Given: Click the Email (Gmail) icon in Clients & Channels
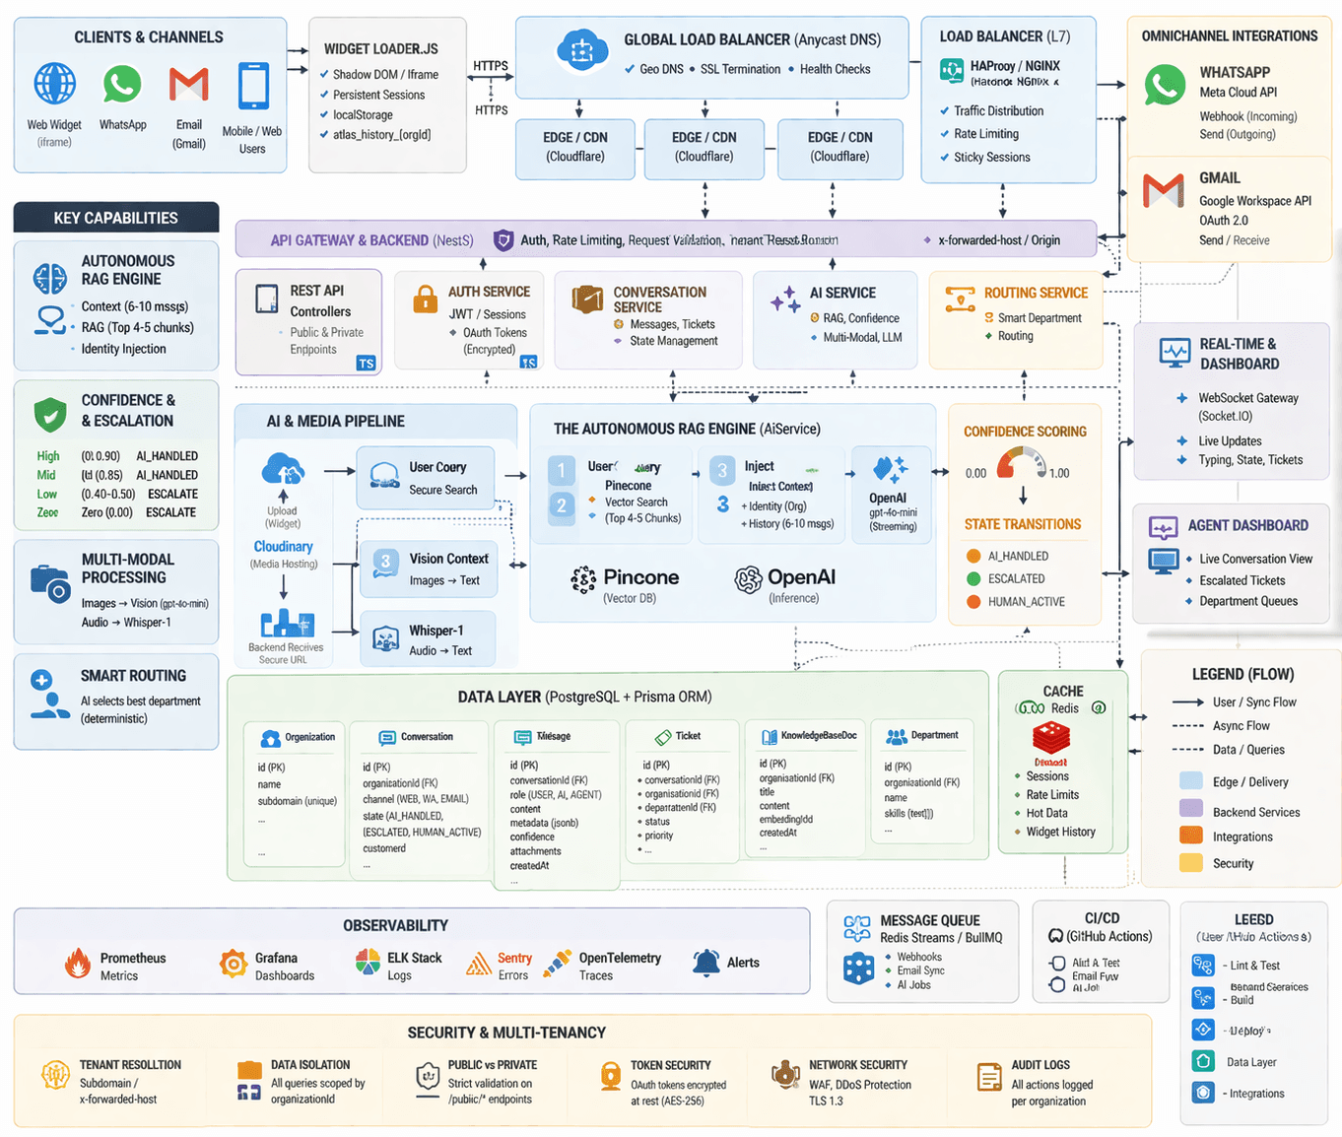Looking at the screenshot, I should point(188,85).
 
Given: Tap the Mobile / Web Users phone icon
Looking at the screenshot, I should point(253,86).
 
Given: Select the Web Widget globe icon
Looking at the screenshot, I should point(55,84).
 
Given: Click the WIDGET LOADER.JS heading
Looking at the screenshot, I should point(380,48).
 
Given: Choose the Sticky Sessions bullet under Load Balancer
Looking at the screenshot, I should point(991,157).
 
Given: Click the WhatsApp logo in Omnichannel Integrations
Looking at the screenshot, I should point(1165,85).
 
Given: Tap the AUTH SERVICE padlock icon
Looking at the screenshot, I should point(425,299).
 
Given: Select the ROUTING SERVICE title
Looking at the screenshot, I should point(1036,293).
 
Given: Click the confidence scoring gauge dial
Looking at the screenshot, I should point(1022,463).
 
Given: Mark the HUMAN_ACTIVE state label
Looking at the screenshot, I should point(1026,601).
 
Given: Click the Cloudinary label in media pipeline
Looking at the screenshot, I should point(283,546).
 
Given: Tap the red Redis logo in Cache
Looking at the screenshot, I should point(1051,738).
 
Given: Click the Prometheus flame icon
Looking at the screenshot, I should point(78,963).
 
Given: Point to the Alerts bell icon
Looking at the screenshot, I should point(705,962).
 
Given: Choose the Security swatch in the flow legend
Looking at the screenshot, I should point(1190,863).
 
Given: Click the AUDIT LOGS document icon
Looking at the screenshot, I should point(988,1077).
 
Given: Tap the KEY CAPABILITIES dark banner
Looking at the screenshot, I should point(116,218).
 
